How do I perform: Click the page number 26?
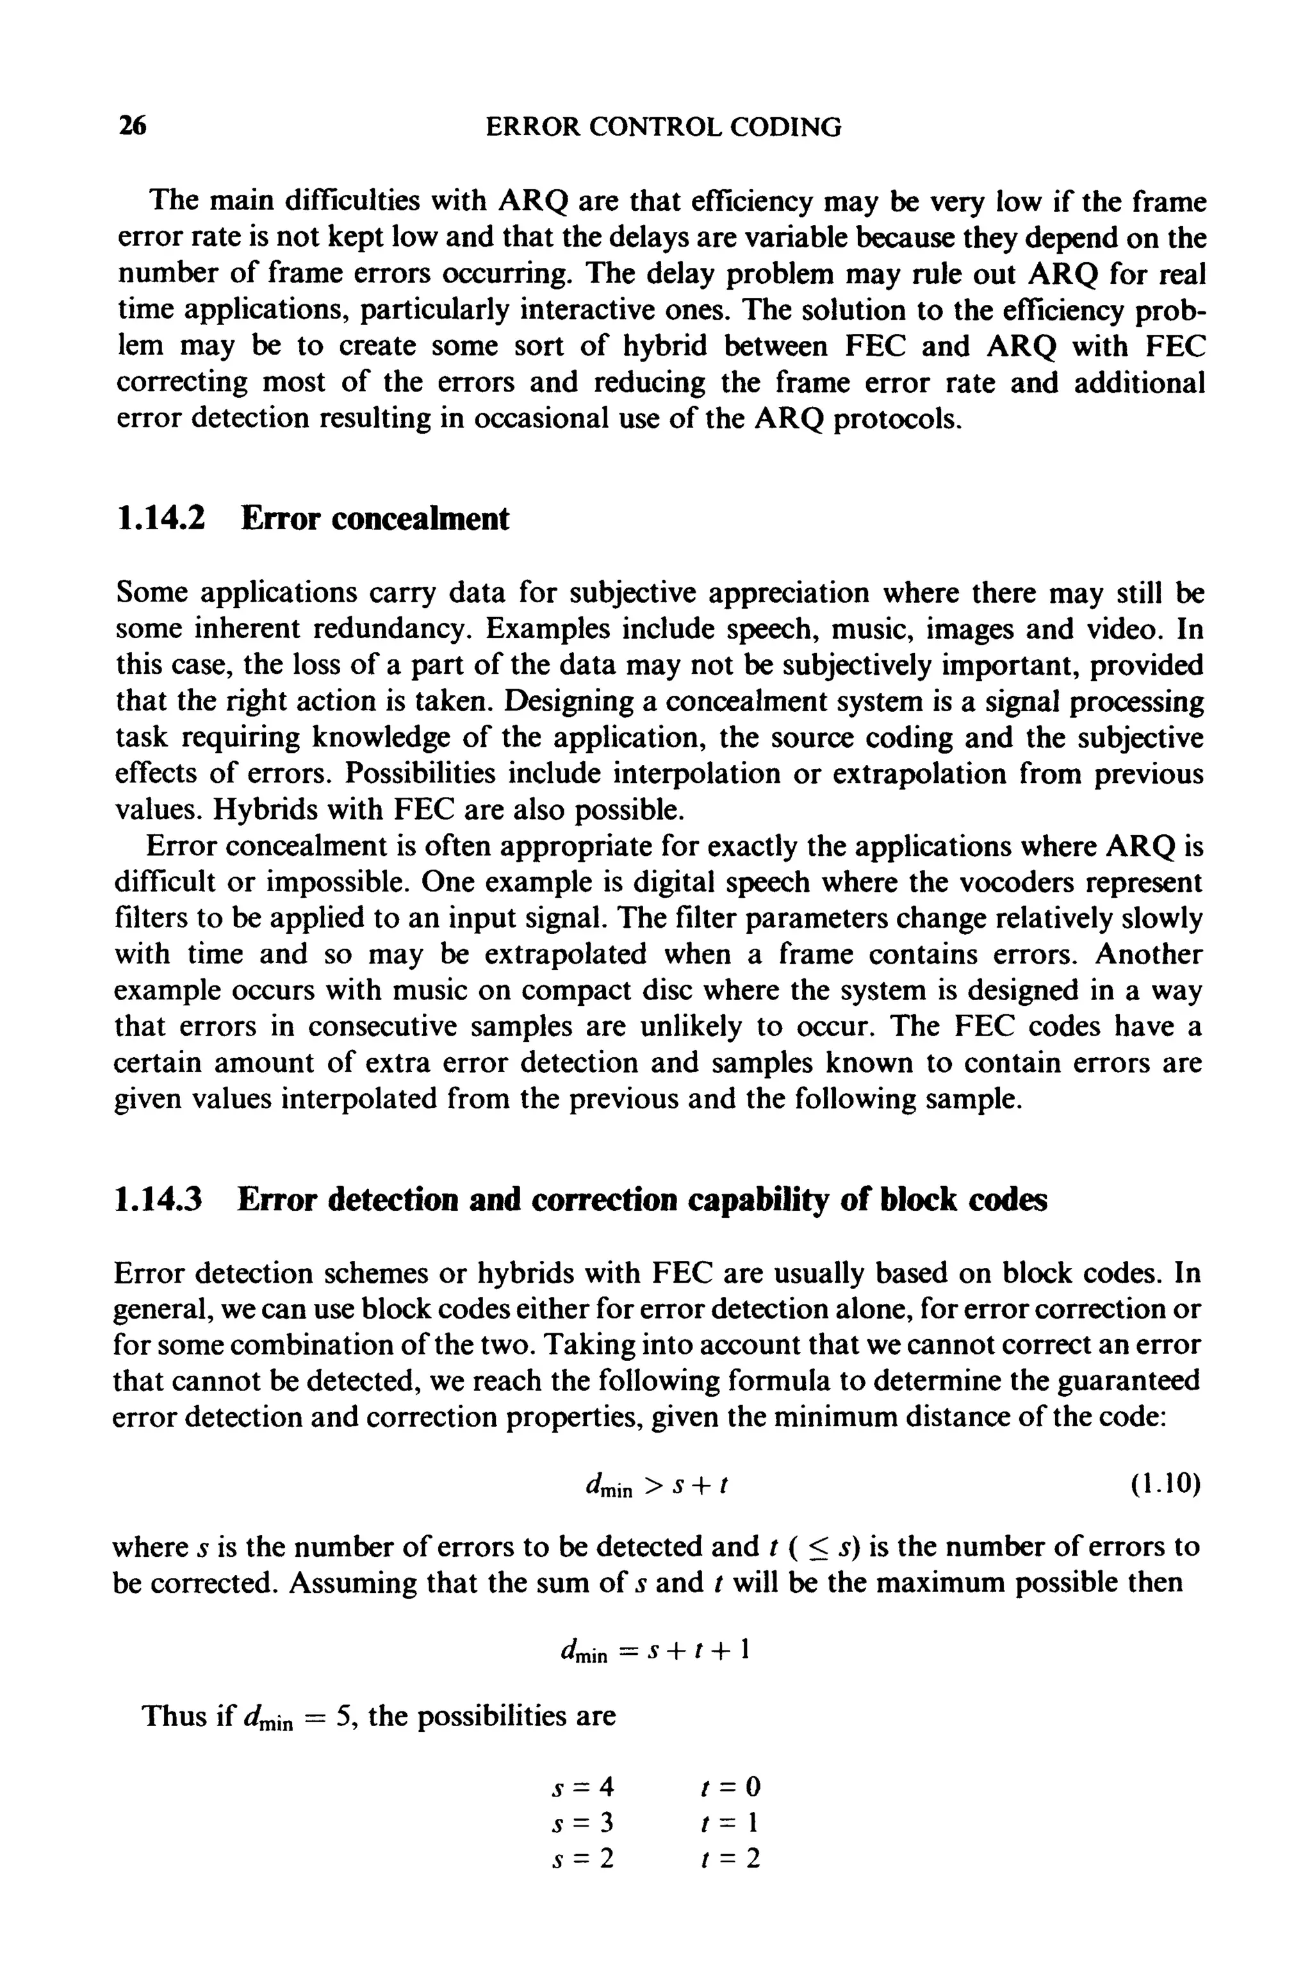[x=131, y=126]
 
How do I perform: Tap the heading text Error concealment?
[x=375, y=519]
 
